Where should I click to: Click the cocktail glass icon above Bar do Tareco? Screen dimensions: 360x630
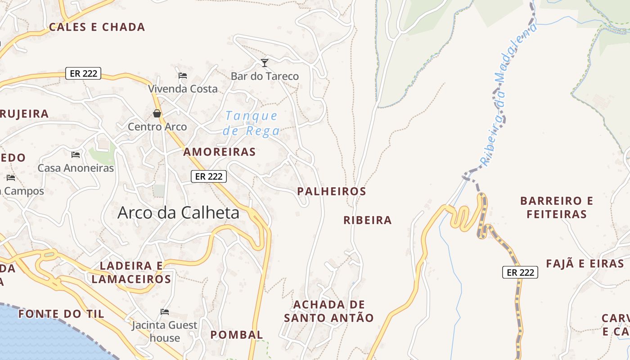pyautogui.click(x=265, y=63)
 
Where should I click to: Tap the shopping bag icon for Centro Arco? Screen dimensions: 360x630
pyautogui.click(x=157, y=113)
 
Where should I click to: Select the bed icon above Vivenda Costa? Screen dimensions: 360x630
pyautogui.click(x=183, y=75)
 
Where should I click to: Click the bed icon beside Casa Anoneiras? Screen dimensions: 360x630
pyautogui.click(x=76, y=155)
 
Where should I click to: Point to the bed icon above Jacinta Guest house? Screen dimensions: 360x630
pyautogui.click(x=165, y=311)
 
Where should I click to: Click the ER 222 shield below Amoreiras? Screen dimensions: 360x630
pyautogui.click(x=209, y=176)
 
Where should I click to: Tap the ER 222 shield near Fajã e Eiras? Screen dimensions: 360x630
pyautogui.click(x=520, y=272)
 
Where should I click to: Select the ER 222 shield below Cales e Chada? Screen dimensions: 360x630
pyautogui.click(x=83, y=73)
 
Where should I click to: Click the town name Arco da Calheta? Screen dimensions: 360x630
pyautogui.click(x=178, y=213)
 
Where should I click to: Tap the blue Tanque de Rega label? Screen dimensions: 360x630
pyautogui.click(x=252, y=123)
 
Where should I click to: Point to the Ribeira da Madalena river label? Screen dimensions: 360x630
pyautogui.click(x=509, y=94)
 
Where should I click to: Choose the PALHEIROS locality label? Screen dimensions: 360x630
pyautogui.click(x=332, y=191)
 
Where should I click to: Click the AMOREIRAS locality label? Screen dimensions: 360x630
pyautogui.click(x=219, y=152)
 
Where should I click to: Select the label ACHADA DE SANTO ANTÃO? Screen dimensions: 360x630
pyautogui.click(x=329, y=311)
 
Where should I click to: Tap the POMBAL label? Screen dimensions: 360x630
pyautogui.click(x=237, y=335)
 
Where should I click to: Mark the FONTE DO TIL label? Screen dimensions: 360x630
pyautogui.click(x=61, y=314)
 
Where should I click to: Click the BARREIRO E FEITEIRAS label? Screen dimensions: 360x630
pyautogui.click(x=557, y=207)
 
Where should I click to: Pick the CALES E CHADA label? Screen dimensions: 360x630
pyautogui.click(x=97, y=27)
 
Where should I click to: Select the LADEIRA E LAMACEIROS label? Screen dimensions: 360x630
pyautogui.click(x=131, y=273)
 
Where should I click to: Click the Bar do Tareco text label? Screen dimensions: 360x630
pyautogui.click(x=265, y=76)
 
